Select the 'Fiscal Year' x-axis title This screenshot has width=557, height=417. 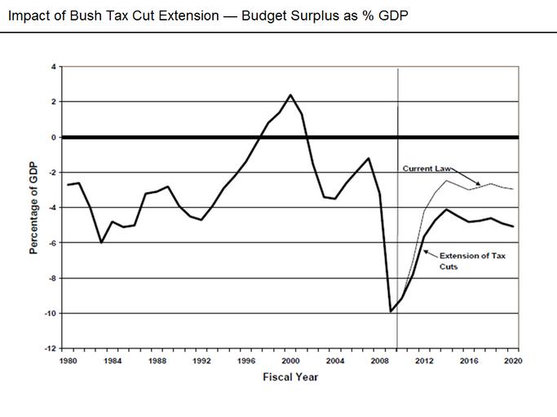(x=290, y=376)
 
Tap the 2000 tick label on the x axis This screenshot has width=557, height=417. (x=290, y=359)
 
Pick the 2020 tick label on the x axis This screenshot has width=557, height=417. (x=513, y=359)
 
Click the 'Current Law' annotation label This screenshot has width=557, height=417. (x=427, y=169)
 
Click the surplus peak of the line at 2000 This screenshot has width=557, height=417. (x=290, y=94)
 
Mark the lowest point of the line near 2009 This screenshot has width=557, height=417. (x=391, y=311)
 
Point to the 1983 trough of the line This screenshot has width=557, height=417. (x=101, y=243)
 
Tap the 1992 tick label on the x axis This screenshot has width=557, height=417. (x=201, y=359)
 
